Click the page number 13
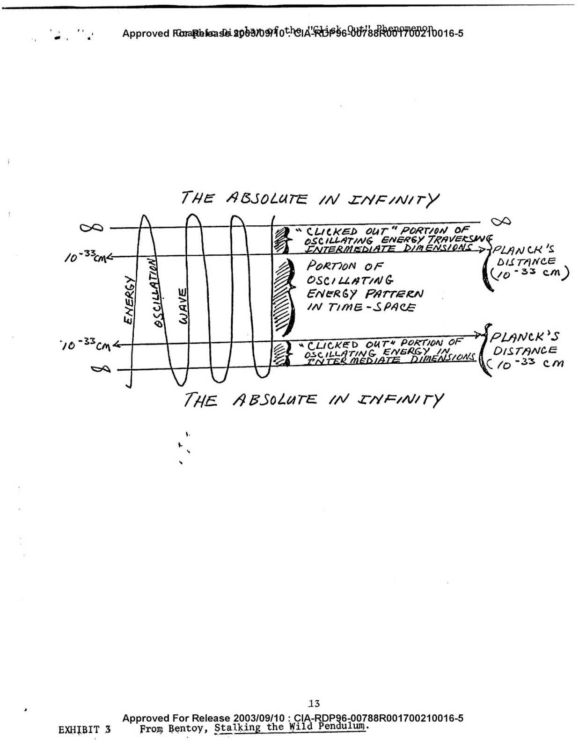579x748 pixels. [314, 703]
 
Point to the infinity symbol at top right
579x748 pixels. [500, 221]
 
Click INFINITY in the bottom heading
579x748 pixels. [400, 400]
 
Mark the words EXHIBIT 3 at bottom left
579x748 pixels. [85, 730]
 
